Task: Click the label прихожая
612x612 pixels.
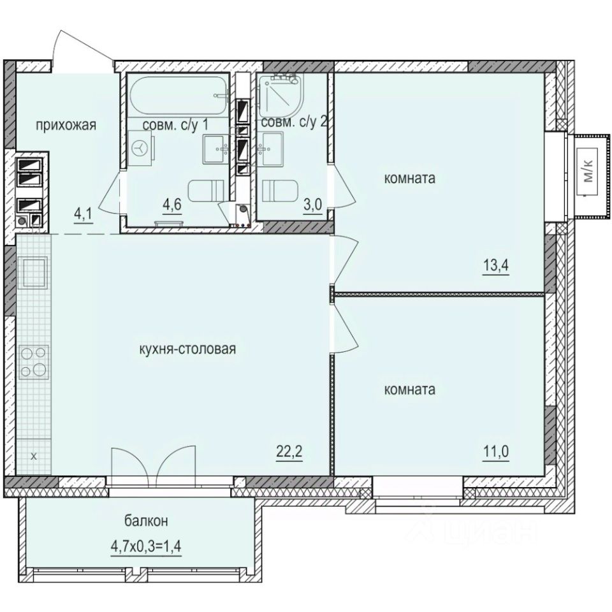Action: tap(66, 125)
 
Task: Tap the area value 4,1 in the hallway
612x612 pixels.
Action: tap(82, 214)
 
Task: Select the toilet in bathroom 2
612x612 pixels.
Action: tap(279, 190)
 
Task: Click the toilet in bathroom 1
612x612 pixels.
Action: tap(206, 190)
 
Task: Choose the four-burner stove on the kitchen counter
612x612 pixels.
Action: tap(33, 361)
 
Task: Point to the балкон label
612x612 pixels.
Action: tap(146, 521)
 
